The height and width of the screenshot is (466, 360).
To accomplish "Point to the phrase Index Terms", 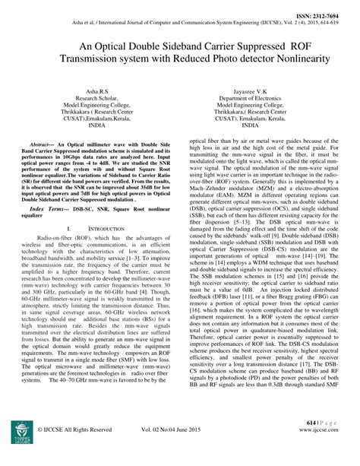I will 55,227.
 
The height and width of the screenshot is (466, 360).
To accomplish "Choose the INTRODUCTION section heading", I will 105,249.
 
